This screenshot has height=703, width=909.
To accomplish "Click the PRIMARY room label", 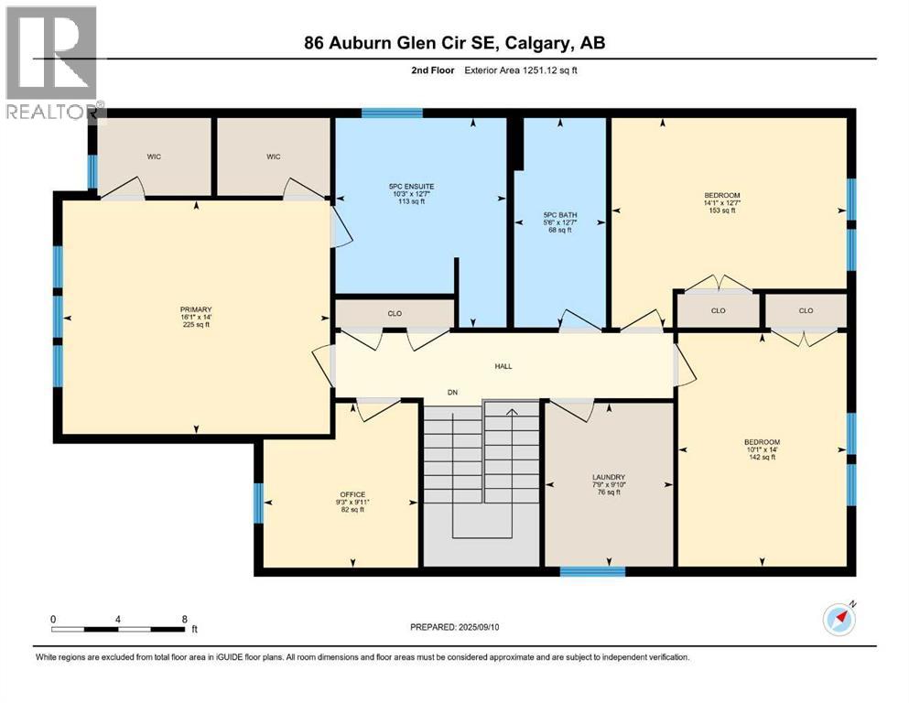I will tap(196, 309).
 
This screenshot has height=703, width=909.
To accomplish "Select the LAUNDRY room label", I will tap(609, 477).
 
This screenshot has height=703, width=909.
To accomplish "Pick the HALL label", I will tap(503, 366).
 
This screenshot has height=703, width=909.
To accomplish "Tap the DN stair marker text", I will tap(452, 393).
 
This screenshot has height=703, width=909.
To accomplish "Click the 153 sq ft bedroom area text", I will tap(722, 211).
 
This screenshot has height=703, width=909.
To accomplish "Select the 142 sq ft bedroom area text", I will tap(762, 457).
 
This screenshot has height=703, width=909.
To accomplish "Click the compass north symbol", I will tap(839, 619).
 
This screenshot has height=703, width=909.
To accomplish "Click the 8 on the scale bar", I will tap(185, 619).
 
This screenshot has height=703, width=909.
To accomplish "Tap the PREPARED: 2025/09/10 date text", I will tap(454, 627).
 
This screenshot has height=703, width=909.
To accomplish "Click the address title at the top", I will tap(454, 43).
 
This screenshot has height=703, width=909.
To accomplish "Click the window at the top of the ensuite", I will tap(392, 114).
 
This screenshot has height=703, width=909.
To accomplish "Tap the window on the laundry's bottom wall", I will tap(592, 572).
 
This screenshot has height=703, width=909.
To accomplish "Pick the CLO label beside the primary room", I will tap(395, 313).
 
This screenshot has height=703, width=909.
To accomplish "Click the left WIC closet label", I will tap(154, 157).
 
